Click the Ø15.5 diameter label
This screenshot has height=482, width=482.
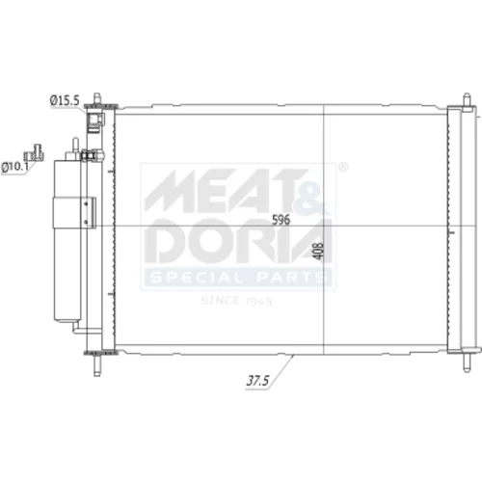[65, 100]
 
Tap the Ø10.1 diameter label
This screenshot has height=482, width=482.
[15, 167]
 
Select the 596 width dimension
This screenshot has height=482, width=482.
[281, 220]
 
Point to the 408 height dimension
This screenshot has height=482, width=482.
[317, 251]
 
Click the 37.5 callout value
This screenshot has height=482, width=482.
[257, 381]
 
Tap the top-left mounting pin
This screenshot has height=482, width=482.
[96, 98]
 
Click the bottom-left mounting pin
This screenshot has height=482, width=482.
[96, 365]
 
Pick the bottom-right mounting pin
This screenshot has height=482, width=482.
[467, 362]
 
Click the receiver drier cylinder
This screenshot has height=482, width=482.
[67, 240]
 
